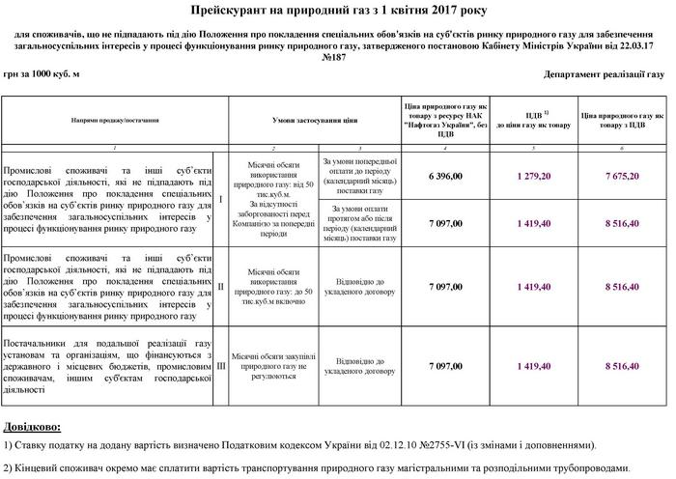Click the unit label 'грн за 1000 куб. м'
(x=41, y=73)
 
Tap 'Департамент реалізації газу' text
(x=604, y=73)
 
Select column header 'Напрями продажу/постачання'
(x=115, y=121)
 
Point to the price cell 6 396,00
(x=445, y=177)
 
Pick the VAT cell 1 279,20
(x=533, y=177)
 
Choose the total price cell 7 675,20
(x=622, y=177)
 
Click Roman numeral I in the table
(x=222, y=200)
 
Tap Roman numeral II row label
(x=222, y=287)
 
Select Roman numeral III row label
(x=222, y=366)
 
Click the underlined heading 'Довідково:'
(x=32, y=425)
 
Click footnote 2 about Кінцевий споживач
(x=334, y=468)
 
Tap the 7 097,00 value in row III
(x=445, y=366)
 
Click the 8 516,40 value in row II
(x=622, y=287)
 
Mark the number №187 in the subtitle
(x=337, y=57)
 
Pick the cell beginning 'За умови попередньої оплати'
(x=358, y=176)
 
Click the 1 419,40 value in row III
(x=533, y=366)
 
